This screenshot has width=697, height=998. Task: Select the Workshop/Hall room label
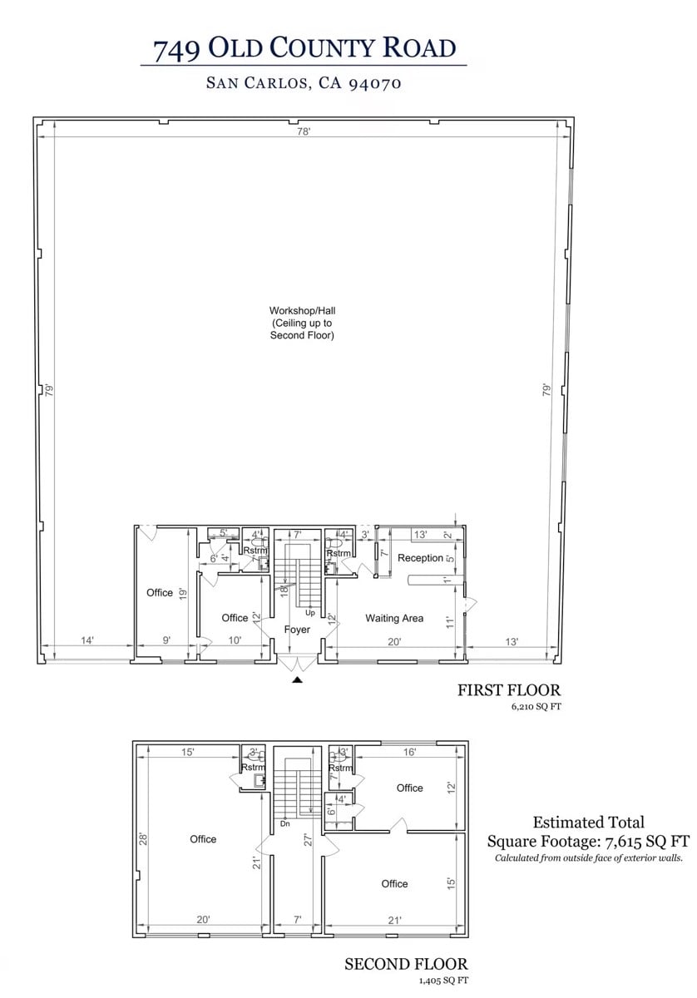(x=303, y=323)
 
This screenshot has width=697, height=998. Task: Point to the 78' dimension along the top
(x=305, y=131)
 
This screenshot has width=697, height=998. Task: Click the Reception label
(x=420, y=558)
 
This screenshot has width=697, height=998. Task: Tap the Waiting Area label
(x=394, y=618)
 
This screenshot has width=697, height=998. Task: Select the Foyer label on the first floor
(x=297, y=630)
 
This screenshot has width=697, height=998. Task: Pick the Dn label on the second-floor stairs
(x=284, y=823)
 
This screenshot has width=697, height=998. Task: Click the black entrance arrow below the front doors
(x=297, y=680)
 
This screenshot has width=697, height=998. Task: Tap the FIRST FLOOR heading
(x=509, y=690)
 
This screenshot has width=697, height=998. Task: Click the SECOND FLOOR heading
(x=406, y=964)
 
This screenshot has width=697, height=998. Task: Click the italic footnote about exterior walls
(x=588, y=857)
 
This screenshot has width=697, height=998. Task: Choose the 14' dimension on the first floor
(x=87, y=640)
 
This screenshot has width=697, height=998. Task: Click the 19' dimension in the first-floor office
(x=183, y=593)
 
